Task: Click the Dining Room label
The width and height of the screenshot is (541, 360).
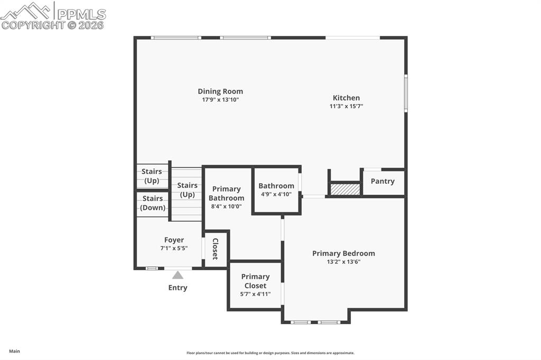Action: click(x=220, y=91)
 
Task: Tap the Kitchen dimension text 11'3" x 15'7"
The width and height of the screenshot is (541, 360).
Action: click(x=346, y=106)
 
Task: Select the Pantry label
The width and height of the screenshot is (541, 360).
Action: click(x=383, y=181)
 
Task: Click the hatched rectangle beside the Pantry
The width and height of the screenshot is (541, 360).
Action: click(x=345, y=189)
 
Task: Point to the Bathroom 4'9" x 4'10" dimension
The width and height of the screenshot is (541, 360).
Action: click(x=276, y=194)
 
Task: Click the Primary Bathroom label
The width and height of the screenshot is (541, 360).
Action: click(x=226, y=193)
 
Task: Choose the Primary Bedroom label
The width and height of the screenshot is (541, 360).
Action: click(x=343, y=253)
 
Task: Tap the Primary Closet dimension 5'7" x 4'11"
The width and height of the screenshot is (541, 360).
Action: click(x=256, y=294)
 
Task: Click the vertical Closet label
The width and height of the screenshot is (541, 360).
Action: click(x=216, y=249)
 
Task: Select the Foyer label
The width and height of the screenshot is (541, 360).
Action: click(x=174, y=240)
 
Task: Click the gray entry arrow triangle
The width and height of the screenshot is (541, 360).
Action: click(x=178, y=275)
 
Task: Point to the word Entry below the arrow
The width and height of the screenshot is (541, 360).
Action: click(x=178, y=288)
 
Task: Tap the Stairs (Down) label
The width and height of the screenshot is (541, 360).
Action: click(x=153, y=203)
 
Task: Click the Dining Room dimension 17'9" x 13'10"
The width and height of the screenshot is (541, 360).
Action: click(x=220, y=100)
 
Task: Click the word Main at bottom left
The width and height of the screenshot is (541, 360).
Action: click(x=14, y=351)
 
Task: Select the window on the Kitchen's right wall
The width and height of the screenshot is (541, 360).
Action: click(x=406, y=93)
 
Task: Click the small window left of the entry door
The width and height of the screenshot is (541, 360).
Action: click(x=152, y=268)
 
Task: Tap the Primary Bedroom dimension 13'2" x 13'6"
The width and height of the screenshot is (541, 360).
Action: click(x=343, y=262)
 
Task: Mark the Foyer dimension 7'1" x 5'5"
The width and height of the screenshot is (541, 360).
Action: click(x=174, y=249)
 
